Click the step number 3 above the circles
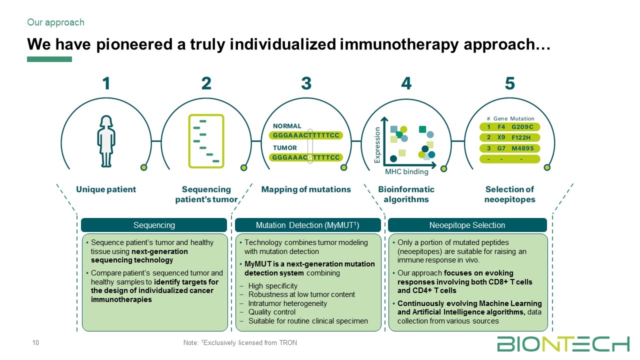(306, 83)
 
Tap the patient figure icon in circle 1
(106, 141)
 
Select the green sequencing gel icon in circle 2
(206, 141)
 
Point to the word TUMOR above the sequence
(284, 147)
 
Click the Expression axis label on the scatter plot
(377, 144)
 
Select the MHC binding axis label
(406, 172)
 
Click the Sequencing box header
(154, 225)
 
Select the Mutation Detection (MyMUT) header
(307, 225)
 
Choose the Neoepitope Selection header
(467, 225)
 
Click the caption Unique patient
(106, 189)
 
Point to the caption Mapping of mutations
(306, 189)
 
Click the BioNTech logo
(563, 344)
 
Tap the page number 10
(35, 342)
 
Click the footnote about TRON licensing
(240, 343)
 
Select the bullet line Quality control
(271, 312)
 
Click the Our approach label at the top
(55, 22)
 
